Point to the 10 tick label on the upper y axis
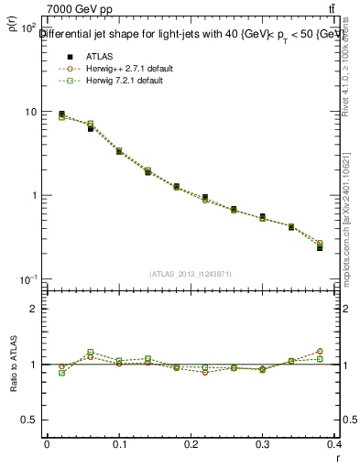[x=31, y=112]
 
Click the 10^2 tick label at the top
[x=29, y=28]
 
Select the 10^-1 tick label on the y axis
[x=29, y=278]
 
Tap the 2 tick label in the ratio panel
[x=37, y=309]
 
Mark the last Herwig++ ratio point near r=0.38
[x=320, y=351]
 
